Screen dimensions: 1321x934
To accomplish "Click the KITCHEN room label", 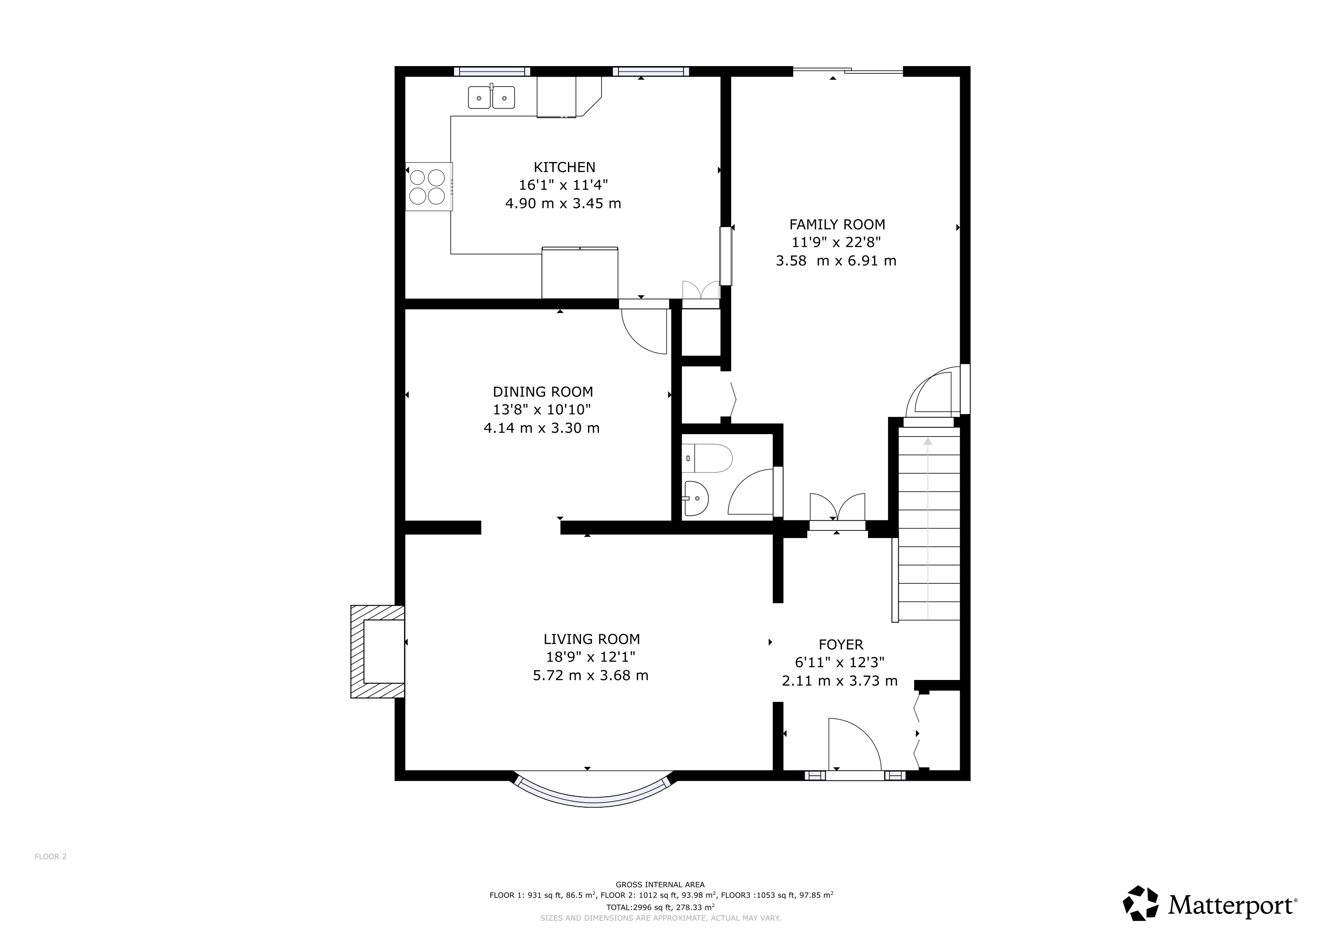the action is [x=564, y=167].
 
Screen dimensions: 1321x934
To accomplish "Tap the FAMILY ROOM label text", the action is [x=837, y=224].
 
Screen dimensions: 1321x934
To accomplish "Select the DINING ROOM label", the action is [x=542, y=392].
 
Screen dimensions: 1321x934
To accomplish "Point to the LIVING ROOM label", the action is [x=592, y=639].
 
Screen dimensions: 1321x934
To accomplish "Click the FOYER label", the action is [x=841, y=645].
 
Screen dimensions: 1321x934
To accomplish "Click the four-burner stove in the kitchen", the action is [x=429, y=187].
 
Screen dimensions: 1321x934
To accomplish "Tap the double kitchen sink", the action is [x=491, y=97].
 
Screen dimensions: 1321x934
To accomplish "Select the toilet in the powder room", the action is [x=707, y=458].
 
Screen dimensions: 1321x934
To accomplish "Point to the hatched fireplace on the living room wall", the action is [x=377, y=652].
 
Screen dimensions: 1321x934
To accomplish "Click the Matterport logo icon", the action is [x=1141, y=903].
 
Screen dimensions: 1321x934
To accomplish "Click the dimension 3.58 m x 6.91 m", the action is [x=836, y=261].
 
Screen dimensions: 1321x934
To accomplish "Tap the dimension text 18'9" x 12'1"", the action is [x=591, y=657].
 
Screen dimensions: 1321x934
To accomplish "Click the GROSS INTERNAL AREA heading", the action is [x=660, y=885].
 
